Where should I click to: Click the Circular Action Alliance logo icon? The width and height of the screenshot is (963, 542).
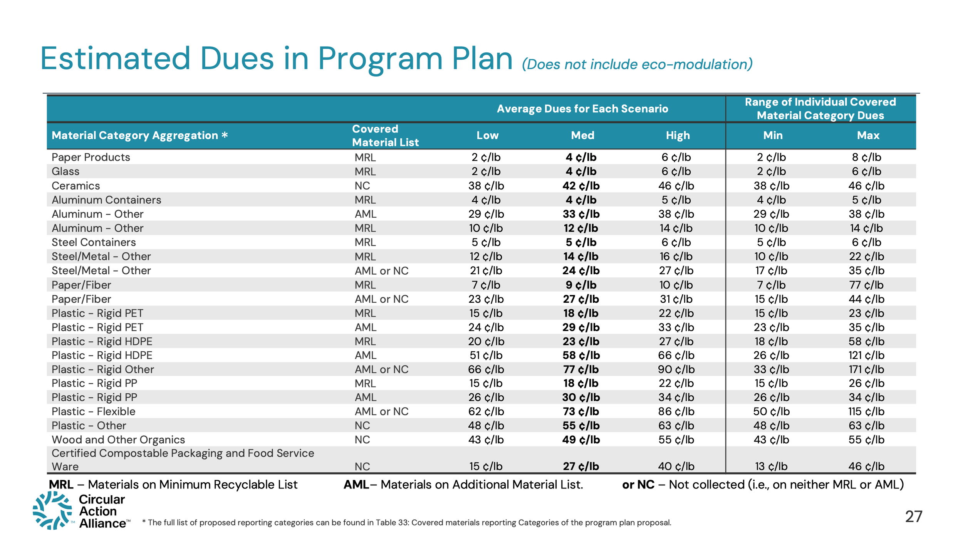click(52, 511)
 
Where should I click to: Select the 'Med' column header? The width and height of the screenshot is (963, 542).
click(582, 136)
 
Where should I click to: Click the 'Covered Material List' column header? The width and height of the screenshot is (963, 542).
click(385, 136)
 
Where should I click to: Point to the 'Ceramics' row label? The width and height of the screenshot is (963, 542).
click(76, 186)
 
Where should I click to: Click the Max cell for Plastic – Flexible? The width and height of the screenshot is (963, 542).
click(866, 412)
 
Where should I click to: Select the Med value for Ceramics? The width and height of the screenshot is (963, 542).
click(581, 186)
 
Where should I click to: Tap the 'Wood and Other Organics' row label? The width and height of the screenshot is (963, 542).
click(118, 440)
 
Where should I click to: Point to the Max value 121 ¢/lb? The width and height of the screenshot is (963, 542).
click(866, 356)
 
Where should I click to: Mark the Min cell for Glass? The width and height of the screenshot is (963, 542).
click(771, 172)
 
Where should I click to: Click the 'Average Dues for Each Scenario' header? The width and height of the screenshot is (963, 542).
click(582, 109)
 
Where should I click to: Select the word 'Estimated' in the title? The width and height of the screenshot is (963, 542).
click(116, 59)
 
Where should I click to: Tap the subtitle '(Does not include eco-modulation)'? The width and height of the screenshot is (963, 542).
click(637, 64)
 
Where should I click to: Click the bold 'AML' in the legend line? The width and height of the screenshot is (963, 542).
click(356, 485)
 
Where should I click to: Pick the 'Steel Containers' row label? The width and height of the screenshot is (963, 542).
click(94, 243)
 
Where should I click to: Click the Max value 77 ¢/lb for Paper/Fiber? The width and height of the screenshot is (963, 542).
click(866, 285)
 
